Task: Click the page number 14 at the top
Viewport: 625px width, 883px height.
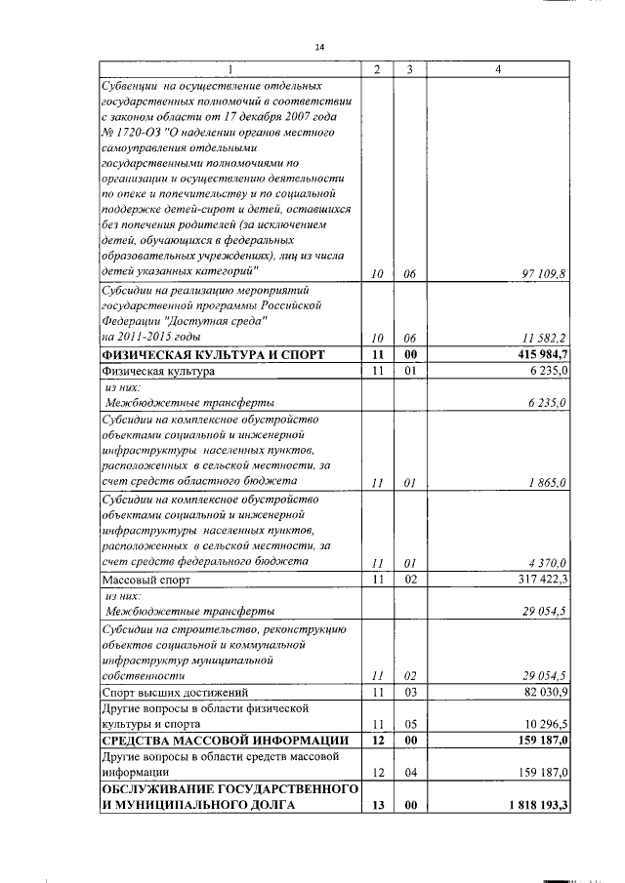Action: tap(319, 46)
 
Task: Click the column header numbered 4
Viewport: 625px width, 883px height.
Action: tap(498, 69)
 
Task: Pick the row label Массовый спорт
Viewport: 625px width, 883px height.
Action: tap(146, 580)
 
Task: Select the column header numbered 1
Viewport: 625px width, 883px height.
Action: tap(230, 69)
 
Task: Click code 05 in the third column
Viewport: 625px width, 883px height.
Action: tap(411, 725)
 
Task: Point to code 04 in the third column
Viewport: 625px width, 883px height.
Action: tap(411, 774)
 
